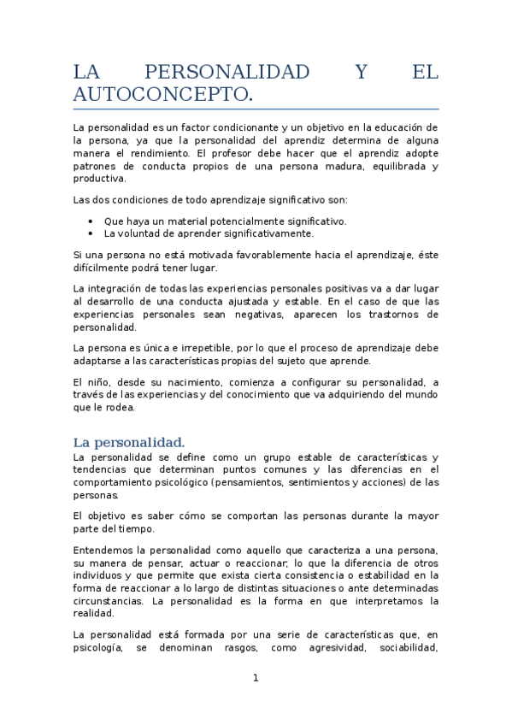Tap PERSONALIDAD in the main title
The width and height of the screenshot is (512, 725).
(x=214, y=72)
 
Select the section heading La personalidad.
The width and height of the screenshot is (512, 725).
(x=128, y=442)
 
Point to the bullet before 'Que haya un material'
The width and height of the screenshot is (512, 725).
(x=91, y=221)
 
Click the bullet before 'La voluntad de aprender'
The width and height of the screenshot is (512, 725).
(x=91, y=233)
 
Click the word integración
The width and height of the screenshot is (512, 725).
(x=116, y=289)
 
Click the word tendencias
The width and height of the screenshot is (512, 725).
(x=101, y=469)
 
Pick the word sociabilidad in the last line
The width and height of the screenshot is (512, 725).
(x=402, y=647)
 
